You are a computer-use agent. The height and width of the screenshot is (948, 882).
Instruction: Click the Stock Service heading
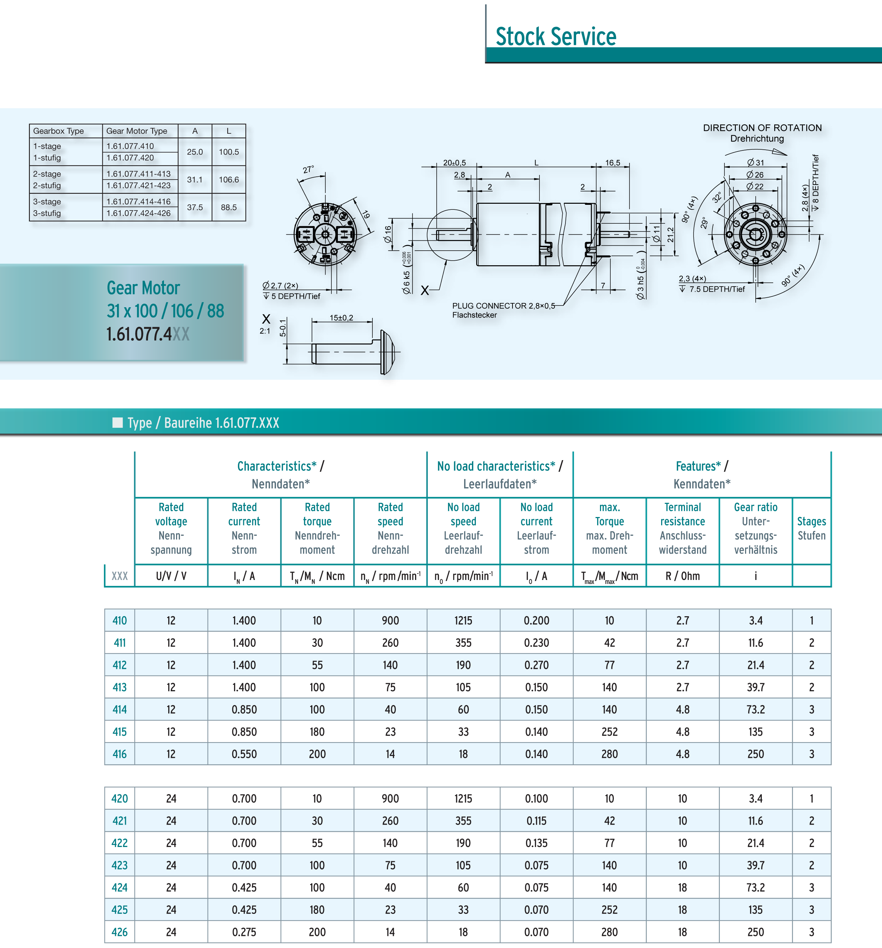[x=556, y=36]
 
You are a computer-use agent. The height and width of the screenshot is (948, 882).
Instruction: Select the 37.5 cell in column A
[x=195, y=207]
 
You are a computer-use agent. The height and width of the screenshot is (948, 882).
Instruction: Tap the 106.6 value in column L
[x=229, y=180]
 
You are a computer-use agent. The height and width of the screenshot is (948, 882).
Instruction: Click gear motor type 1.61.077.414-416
[x=138, y=201]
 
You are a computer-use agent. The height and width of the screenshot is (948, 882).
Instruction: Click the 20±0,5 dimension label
[x=454, y=163]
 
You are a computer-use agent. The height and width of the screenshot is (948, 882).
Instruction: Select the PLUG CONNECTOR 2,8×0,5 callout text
[x=504, y=306]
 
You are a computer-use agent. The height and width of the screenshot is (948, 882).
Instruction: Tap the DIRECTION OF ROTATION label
[x=762, y=128]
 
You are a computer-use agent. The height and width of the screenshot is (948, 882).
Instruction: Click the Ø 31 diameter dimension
[x=756, y=163]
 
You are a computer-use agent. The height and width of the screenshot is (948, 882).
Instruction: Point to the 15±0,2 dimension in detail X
[x=341, y=318]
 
